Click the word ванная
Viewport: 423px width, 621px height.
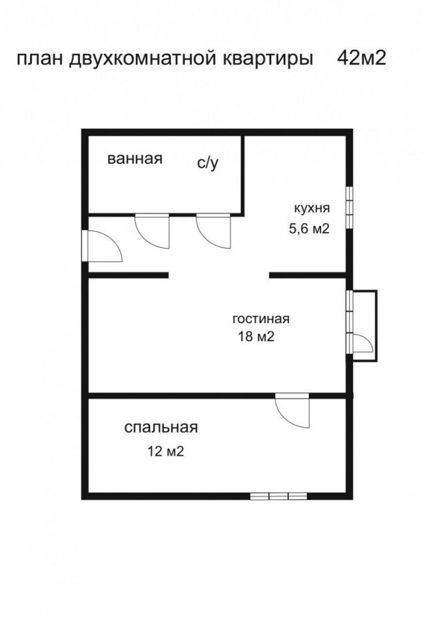(135, 159)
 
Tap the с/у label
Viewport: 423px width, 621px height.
(208, 163)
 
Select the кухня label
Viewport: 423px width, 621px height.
(312, 209)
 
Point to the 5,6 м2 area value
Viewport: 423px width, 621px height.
(309, 229)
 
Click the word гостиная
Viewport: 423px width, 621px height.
(261, 318)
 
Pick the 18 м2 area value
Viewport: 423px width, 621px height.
(256, 336)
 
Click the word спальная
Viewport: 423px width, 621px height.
(161, 428)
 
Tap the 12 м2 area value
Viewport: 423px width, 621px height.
(166, 451)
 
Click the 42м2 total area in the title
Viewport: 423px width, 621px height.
(362, 59)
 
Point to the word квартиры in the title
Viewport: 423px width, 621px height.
(266, 60)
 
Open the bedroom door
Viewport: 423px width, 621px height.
(292, 410)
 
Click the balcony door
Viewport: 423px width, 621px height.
(362, 343)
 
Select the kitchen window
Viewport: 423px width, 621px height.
(349, 207)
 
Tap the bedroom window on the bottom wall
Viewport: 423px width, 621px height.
(278, 496)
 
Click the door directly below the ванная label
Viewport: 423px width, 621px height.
(152, 231)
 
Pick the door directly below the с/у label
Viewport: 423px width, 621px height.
(213, 231)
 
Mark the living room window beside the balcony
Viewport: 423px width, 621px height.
(349, 322)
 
